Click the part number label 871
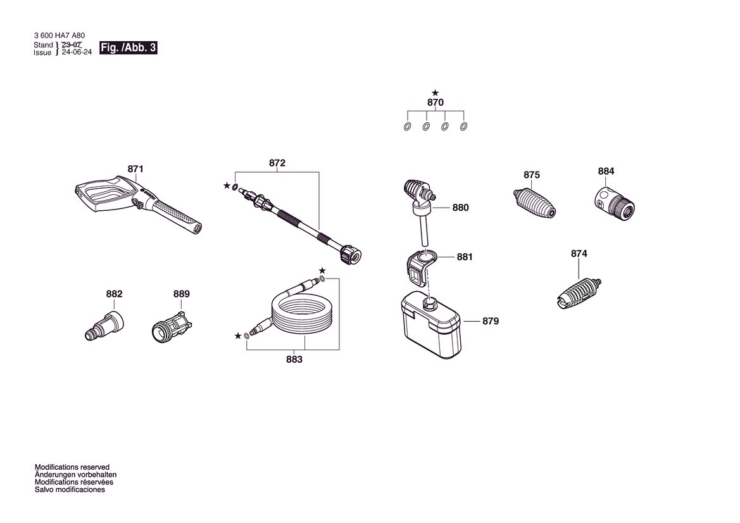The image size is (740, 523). click(135, 169)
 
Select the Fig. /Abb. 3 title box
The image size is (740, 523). click(128, 47)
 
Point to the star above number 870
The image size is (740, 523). click(435, 94)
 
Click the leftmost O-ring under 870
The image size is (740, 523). click(407, 127)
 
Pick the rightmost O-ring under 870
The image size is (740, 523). click(463, 127)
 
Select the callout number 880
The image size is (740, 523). click(461, 208)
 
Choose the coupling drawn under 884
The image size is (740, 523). click(614, 205)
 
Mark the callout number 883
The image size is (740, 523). click(294, 360)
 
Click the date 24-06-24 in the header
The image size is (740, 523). click(77, 53)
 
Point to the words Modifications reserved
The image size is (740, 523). click(72, 467)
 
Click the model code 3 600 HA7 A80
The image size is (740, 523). click(60, 35)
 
